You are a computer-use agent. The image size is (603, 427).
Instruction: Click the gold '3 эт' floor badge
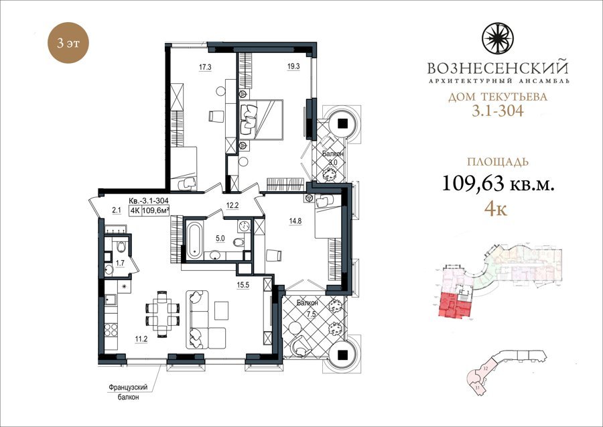[68, 43]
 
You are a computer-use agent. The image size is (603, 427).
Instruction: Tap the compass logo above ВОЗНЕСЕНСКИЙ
[497, 38]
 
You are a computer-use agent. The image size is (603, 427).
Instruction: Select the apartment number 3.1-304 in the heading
[498, 111]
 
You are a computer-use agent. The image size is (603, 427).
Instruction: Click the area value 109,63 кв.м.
[498, 184]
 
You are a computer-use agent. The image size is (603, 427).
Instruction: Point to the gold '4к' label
[496, 210]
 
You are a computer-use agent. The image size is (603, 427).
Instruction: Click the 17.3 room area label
[205, 67]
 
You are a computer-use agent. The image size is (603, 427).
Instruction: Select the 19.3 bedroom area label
[293, 66]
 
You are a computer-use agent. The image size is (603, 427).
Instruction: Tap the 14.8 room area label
[295, 221]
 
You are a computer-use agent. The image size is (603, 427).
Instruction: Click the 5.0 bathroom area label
[220, 239]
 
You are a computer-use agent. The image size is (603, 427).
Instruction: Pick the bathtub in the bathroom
[194, 240]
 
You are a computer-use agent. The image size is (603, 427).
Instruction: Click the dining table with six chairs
[162, 314]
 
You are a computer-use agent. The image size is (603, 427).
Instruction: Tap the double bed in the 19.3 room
[261, 119]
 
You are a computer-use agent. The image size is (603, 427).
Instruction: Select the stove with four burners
[111, 330]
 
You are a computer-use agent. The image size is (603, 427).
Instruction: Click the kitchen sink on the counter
[110, 299]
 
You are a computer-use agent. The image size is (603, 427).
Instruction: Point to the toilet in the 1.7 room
[121, 247]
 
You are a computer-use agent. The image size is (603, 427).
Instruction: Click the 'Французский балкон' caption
[128, 392]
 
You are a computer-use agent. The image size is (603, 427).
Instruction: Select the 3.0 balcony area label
[333, 162]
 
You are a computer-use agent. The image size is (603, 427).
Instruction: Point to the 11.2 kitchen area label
[141, 339]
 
